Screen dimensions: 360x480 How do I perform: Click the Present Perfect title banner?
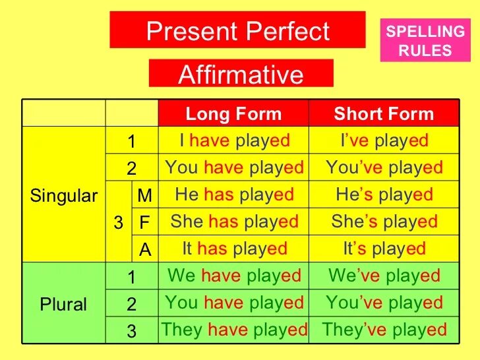(x=237, y=30)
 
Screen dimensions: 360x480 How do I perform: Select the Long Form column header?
(x=233, y=113)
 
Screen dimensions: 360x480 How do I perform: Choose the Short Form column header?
(x=384, y=113)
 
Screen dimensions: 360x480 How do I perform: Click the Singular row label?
(x=64, y=196)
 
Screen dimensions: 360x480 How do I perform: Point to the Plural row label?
(x=64, y=304)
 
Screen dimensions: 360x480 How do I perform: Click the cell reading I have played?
(x=234, y=140)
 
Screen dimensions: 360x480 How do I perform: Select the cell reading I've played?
(x=384, y=140)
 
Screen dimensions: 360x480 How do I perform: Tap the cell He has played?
(x=234, y=195)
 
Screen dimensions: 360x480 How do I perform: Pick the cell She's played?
(x=384, y=222)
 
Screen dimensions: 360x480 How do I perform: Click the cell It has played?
(x=234, y=249)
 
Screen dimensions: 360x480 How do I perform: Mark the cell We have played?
(x=234, y=276)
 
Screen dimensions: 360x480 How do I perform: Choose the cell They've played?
(x=384, y=330)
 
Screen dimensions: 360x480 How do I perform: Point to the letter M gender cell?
(x=144, y=195)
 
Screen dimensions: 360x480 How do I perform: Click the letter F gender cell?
(x=144, y=222)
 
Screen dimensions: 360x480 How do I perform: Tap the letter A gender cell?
(x=144, y=249)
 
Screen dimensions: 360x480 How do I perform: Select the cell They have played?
(x=234, y=330)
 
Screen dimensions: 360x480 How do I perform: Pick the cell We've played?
(x=384, y=276)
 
